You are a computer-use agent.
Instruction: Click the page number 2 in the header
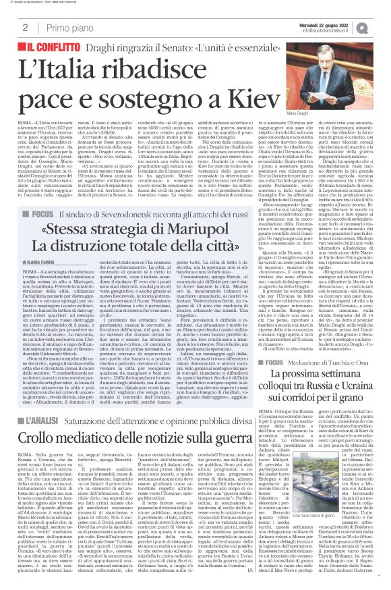pos(25,28)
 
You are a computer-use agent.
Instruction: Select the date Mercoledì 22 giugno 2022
pos(335,23)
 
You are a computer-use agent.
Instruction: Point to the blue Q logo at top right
pos(380,27)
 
